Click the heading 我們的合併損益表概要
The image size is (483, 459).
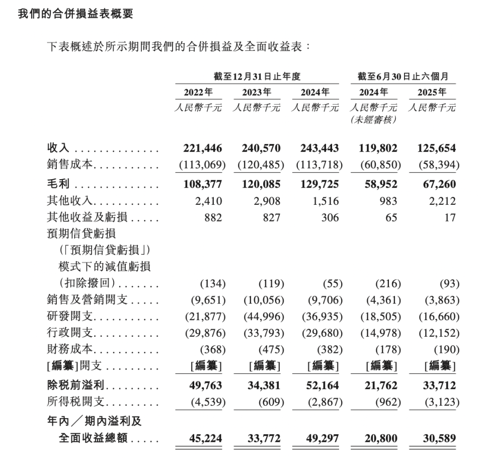pyautogui.click(x=75, y=14)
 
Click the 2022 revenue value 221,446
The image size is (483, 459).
pyautogui.click(x=201, y=148)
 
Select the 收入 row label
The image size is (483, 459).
pyautogui.click(x=58, y=148)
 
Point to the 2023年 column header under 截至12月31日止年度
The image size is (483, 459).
pyautogui.click(x=257, y=93)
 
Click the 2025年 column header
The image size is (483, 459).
pyautogui.click(x=432, y=93)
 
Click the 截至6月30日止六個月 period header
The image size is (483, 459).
pyautogui.click(x=403, y=76)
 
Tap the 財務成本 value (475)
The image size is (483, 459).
pyautogui.click(x=270, y=350)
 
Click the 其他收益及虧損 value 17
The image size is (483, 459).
pyautogui.click(x=450, y=218)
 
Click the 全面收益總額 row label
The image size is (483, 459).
pyautogui.click(x=94, y=438)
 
